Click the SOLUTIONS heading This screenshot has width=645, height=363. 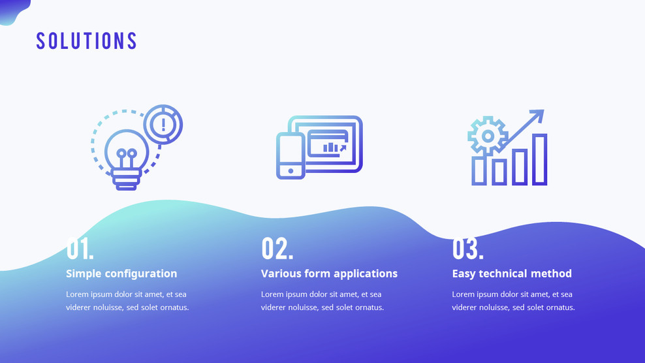86,40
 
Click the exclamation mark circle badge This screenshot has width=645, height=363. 163,124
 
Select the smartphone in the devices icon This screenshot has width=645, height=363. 291,155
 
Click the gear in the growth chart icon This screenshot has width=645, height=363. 488,135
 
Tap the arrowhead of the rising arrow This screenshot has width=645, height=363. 537,116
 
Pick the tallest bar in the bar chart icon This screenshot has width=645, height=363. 540,159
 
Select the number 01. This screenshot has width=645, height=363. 80,248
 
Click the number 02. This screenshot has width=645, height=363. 277,248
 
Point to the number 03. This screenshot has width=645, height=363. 468,248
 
